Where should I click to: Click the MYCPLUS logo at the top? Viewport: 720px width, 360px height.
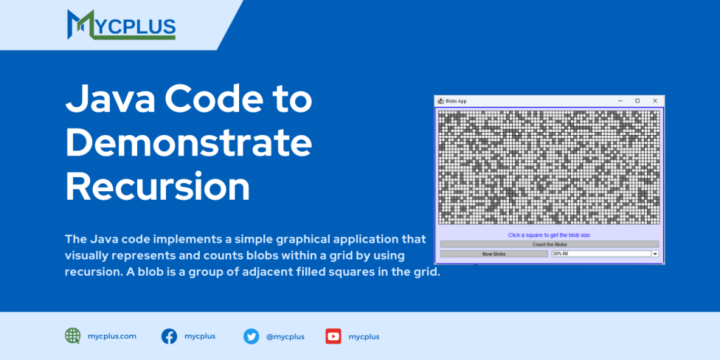(x=121, y=25)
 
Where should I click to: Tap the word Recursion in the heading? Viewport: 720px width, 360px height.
(x=157, y=186)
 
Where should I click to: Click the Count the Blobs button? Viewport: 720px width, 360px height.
(x=550, y=244)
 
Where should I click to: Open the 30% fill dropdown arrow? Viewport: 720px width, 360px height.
(x=655, y=253)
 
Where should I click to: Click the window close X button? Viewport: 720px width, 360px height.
(x=655, y=101)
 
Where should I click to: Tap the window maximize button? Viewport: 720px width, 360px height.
(x=637, y=101)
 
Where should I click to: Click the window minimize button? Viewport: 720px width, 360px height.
(x=620, y=101)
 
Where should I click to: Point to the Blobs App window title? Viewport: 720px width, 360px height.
(x=456, y=101)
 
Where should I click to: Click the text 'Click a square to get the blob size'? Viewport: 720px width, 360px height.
(x=550, y=235)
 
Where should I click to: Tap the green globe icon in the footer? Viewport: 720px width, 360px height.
(x=72, y=336)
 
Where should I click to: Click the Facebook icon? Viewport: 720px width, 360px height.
(x=169, y=337)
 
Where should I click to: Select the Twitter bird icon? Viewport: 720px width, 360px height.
(x=251, y=337)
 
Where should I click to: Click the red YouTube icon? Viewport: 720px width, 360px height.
(x=333, y=337)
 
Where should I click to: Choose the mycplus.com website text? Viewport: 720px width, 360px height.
(x=112, y=336)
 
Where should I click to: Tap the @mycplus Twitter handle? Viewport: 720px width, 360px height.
(x=285, y=337)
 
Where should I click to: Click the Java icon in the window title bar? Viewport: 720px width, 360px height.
(x=440, y=101)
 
